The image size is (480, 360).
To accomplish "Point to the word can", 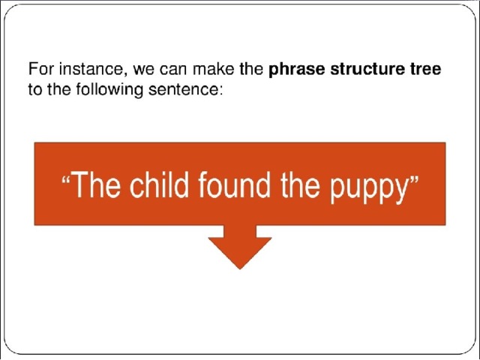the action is coord(172,70).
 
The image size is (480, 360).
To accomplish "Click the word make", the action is coord(213,68).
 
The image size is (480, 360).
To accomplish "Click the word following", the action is coord(109,90).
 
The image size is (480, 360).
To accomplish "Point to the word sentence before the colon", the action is coord(183,89).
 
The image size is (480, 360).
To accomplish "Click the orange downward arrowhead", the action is coord(240,253).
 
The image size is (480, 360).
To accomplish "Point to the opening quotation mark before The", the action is coord(66,178).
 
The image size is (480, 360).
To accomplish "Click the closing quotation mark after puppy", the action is coord(413,178).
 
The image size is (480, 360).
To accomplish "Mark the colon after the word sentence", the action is coord(220,91).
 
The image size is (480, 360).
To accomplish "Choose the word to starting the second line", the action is coord(35,89).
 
